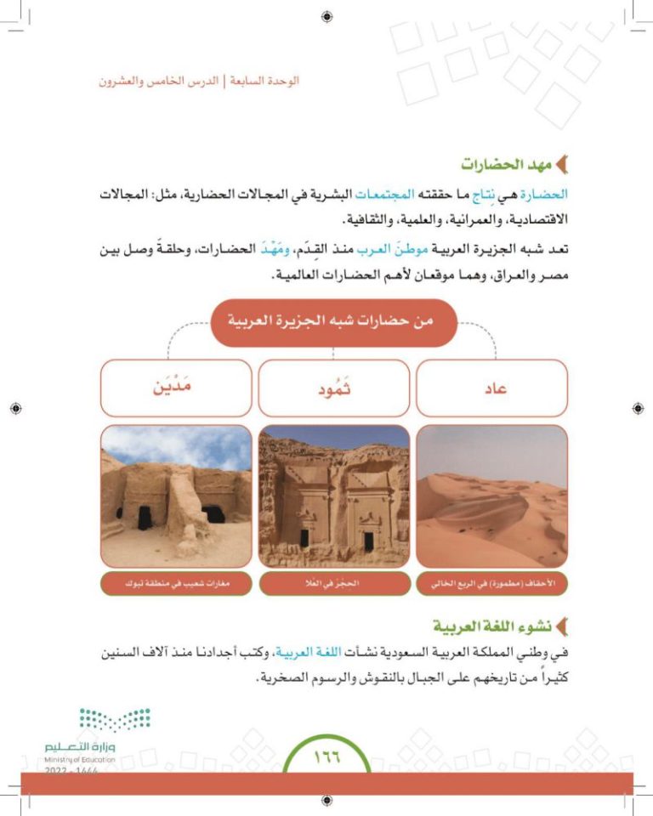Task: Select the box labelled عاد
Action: pyautogui.click(x=492, y=388)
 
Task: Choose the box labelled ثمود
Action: pyautogui.click(x=334, y=388)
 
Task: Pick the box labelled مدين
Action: pyautogui.click(x=176, y=388)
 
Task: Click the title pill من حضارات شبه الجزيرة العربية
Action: pyautogui.click(x=334, y=323)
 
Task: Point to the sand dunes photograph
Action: pyautogui.click(x=492, y=496)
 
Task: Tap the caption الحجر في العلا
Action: pyautogui.click(x=334, y=585)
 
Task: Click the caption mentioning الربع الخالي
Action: pyautogui.click(x=492, y=585)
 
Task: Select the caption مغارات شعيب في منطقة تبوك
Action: pyautogui.click(x=176, y=585)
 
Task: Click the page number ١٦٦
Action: pyautogui.click(x=326, y=756)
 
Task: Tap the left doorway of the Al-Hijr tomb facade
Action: pyautogui.click(x=304, y=537)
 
